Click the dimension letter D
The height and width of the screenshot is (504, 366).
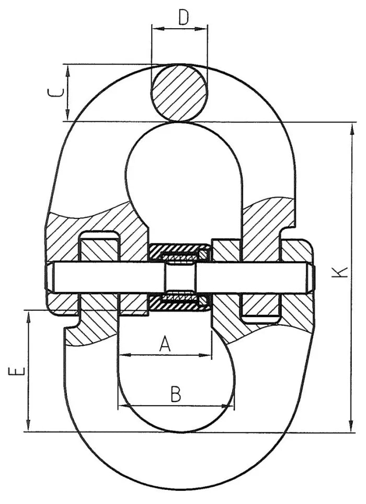coord(183,17)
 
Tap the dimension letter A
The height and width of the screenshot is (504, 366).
coord(165,344)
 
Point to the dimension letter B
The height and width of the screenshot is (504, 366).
coord(176,394)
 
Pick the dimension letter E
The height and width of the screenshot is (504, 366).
coord(16,372)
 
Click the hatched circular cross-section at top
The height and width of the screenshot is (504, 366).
coord(179,93)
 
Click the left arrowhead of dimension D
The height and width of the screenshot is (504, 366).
coord(155,29)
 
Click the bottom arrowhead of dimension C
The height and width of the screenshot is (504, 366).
coord(68,117)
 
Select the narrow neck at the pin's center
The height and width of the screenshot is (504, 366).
coord(180,277)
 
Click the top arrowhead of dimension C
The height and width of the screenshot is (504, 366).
coord(68,68)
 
